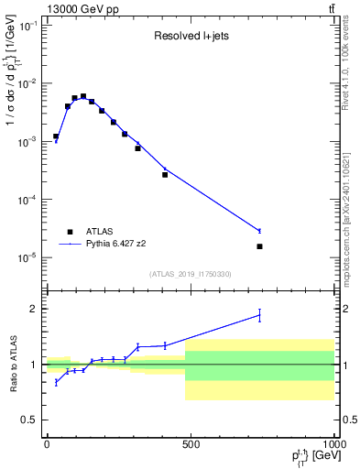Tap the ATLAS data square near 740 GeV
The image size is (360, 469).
pos(260,246)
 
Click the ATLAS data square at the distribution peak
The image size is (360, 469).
pos(83,96)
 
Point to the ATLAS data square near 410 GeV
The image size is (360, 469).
pos(165,174)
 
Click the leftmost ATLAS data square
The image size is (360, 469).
pos(56,136)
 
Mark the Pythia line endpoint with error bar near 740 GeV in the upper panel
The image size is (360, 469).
pos(260,231)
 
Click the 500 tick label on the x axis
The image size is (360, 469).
pos(190,444)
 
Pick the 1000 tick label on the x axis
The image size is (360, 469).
pos(332,444)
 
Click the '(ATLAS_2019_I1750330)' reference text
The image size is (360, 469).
pos(191,274)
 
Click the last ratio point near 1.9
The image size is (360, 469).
pos(260,315)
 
